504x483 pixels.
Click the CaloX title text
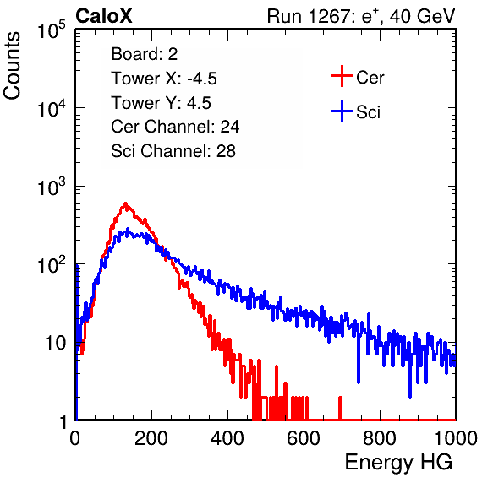pyautogui.click(x=103, y=16)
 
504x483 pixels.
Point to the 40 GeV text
pyautogui.click(x=422, y=16)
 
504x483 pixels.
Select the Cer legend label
pyautogui.click(x=370, y=78)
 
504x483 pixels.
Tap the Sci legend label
pyautogui.click(x=369, y=112)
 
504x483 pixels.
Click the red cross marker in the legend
pyautogui.click(x=342, y=76)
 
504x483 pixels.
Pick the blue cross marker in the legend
pyautogui.click(x=342, y=111)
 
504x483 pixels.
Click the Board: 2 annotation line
pyautogui.click(x=145, y=54)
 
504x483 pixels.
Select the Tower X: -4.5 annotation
pyautogui.click(x=164, y=79)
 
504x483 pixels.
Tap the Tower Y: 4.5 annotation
pyautogui.click(x=161, y=103)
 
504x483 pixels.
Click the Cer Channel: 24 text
pyautogui.click(x=175, y=127)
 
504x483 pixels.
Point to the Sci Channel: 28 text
pyautogui.click(x=173, y=151)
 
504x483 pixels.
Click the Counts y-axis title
pyautogui.click(x=12, y=66)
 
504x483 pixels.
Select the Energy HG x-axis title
pyautogui.click(x=398, y=463)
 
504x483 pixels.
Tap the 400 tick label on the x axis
pyautogui.click(x=227, y=438)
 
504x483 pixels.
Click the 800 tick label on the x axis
pyautogui.click(x=380, y=438)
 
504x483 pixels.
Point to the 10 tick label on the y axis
pyautogui.click(x=56, y=343)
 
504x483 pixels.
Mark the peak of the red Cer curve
pyautogui.click(x=126, y=204)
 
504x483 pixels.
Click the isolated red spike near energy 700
pyautogui.click(x=340, y=408)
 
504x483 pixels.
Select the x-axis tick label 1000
pyautogui.click(x=456, y=438)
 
